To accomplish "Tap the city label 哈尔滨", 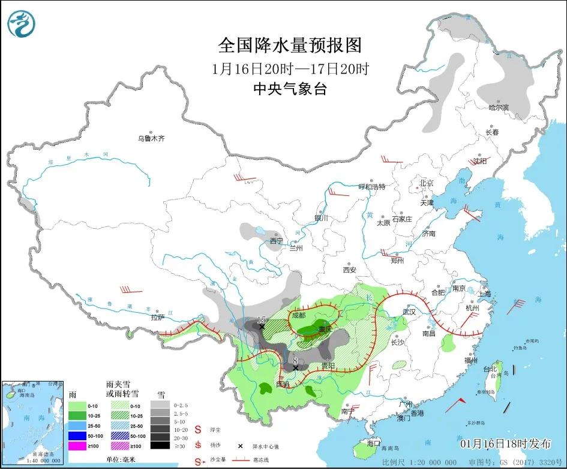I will pyautogui.click(x=498, y=108).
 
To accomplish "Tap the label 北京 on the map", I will pyautogui.click(x=427, y=183).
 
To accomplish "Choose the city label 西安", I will pyautogui.click(x=350, y=270).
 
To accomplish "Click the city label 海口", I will pyautogui.click(x=374, y=444).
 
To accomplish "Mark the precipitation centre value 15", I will pyautogui.click(x=262, y=320).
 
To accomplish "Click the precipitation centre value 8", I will pyautogui.click(x=295, y=361).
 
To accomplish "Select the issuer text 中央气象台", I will pyautogui.click(x=290, y=89).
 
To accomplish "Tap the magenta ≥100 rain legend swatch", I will pyautogui.click(x=76, y=446).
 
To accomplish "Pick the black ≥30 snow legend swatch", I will pyautogui.click(x=160, y=445).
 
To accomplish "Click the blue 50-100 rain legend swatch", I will pyautogui.click(x=76, y=435).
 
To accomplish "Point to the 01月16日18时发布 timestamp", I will pyautogui.click(x=505, y=444).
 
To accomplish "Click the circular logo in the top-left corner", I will pyautogui.click(x=22, y=23).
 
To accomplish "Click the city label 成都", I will pyautogui.click(x=298, y=315).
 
